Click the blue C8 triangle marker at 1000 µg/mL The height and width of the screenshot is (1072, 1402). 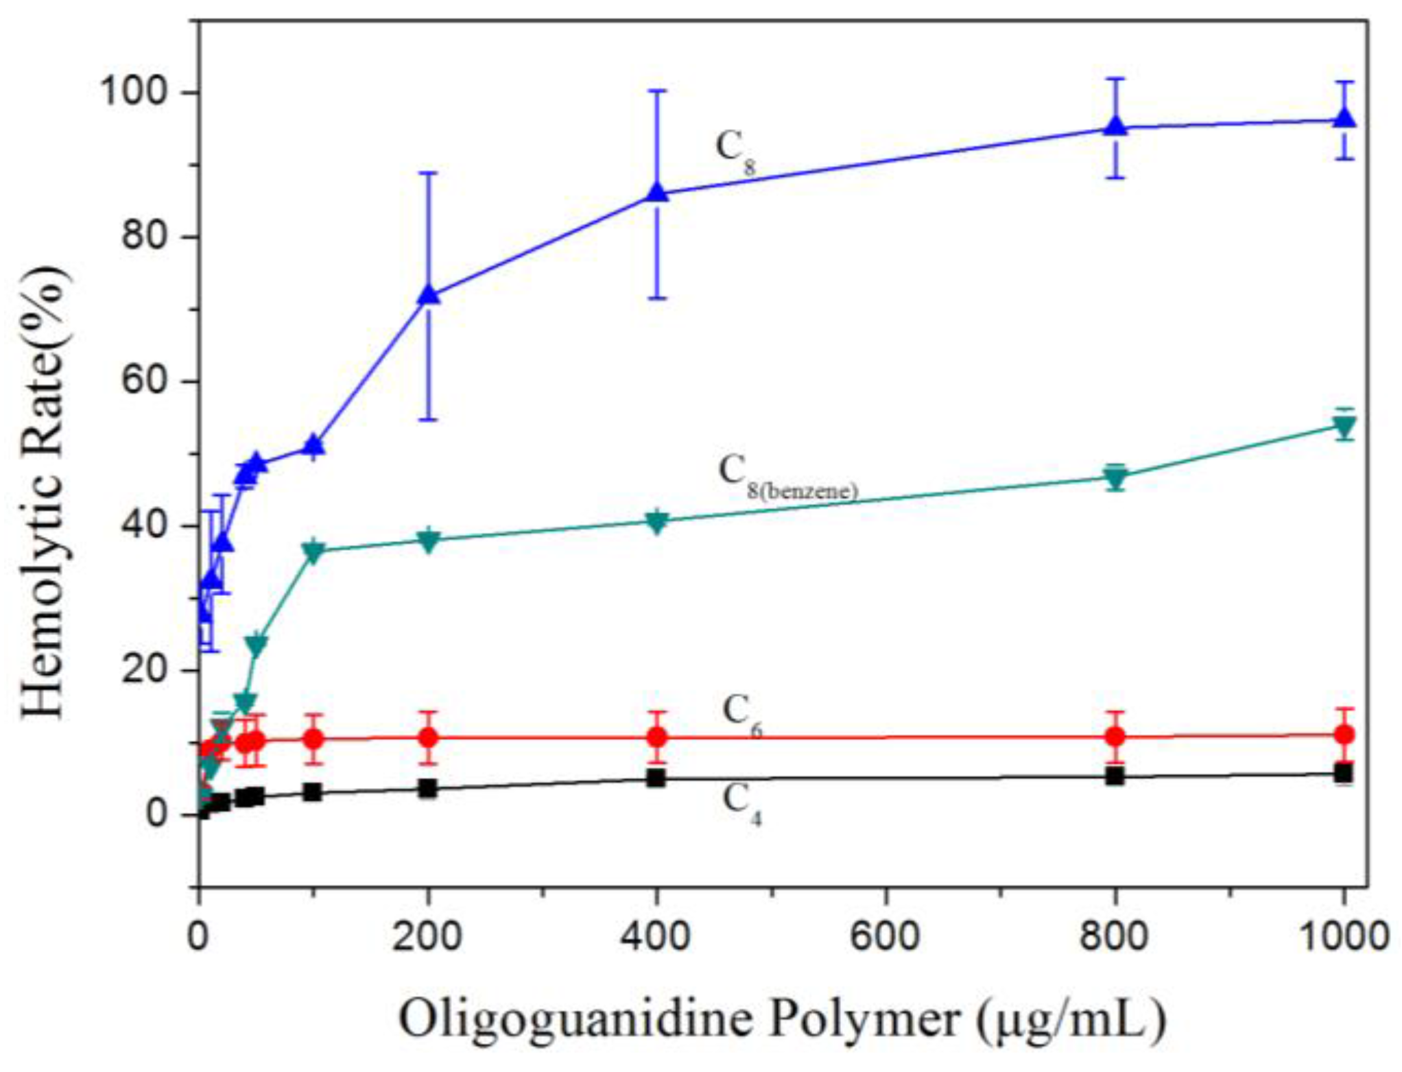(1345, 119)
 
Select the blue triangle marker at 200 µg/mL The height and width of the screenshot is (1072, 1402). (429, 295)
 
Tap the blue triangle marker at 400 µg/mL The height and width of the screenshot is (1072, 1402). (657, 193)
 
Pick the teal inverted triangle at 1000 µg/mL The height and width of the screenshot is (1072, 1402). (1345, 428)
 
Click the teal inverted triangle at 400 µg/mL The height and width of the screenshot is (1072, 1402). (657, 523)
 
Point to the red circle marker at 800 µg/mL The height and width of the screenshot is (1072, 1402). (1115, 737)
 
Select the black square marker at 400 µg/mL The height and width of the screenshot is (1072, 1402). (656, 778)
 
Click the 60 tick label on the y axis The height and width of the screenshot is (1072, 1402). (145, 381)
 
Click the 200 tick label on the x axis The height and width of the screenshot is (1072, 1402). (427, 936)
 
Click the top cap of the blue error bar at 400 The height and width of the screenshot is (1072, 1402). (657, 91)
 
